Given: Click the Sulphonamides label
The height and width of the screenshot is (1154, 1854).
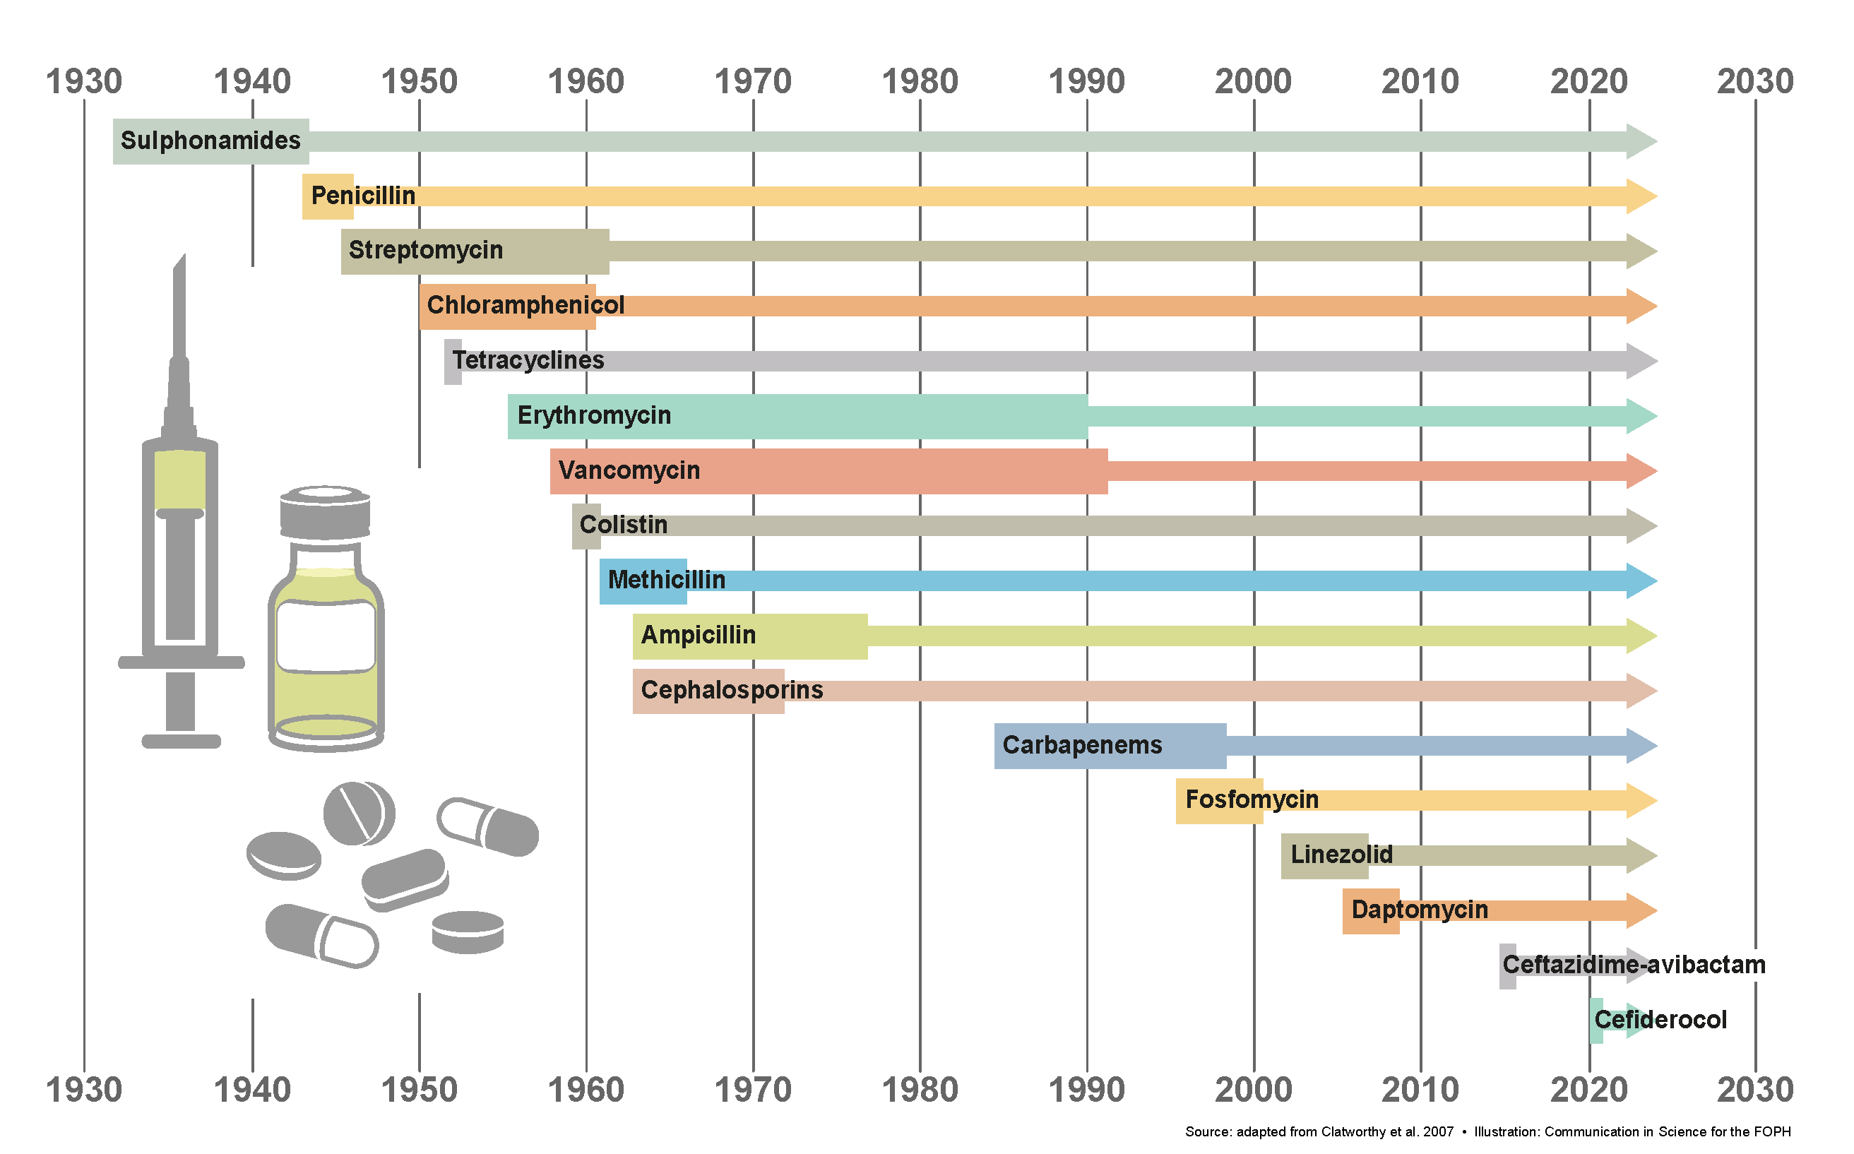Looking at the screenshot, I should coord(210,141).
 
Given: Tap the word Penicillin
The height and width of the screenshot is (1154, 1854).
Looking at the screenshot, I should coord(363,196).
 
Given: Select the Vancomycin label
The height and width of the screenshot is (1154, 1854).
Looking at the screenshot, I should coord(629,471).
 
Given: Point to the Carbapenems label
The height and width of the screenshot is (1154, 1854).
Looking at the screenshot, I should coord(1081,746).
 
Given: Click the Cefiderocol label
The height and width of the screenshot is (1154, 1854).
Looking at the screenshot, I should coord(1660,1021).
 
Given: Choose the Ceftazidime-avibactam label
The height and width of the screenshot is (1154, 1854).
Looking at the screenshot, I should coord(1634,965).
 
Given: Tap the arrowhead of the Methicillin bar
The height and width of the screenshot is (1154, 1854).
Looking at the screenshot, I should coord(1641,581).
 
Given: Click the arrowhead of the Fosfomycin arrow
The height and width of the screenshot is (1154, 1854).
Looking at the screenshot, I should coord(1641,801).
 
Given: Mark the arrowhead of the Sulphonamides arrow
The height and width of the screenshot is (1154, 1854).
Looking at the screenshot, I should coord(1641,141).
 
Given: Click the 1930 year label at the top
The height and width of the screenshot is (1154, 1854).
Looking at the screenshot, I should coord(84,82).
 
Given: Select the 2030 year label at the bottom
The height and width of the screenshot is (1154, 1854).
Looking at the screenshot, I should coord(1755,1090).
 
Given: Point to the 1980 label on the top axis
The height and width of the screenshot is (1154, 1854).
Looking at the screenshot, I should coord(920,82).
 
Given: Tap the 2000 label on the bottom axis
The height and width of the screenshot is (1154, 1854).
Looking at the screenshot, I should coord(1253,1090).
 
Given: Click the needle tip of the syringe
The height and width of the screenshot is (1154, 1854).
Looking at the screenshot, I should coord(181,263).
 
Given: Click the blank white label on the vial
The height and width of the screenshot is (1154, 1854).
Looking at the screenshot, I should coord(326,636).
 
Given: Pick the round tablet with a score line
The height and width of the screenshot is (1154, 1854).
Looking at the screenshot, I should coord(359,814).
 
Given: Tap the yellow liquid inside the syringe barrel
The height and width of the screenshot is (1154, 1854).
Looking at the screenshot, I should coord(180,480).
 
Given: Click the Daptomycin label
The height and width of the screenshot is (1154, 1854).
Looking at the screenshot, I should coord(1419,910).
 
